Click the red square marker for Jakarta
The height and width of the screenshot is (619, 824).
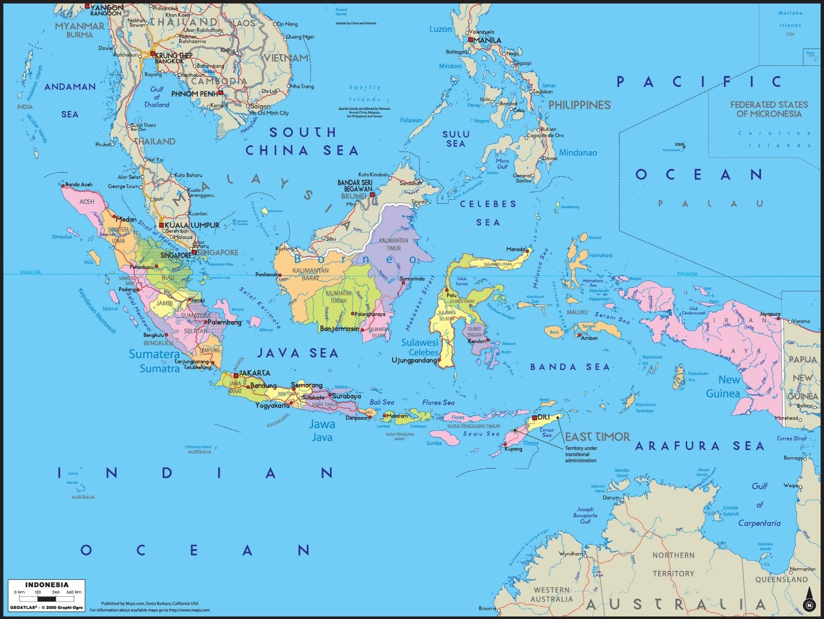(236, 375)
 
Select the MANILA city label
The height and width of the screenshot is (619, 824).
(487, 40)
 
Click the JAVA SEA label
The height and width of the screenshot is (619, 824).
(298, 353)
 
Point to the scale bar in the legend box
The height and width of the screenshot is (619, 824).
(47, 599)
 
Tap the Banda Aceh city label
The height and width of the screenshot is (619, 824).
(79, 185)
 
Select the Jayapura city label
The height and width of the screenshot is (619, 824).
(770, 313)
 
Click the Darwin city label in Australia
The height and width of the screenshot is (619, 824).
(611, 498)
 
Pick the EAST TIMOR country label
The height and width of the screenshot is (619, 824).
(597, 437)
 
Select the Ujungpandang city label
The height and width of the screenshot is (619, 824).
(415, 360)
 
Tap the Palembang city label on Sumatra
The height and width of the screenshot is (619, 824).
(225, 322)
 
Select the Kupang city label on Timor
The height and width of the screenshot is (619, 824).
(513, 448)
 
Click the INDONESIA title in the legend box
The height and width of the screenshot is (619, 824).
(47, 584)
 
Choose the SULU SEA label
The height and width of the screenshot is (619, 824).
(456, 139)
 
